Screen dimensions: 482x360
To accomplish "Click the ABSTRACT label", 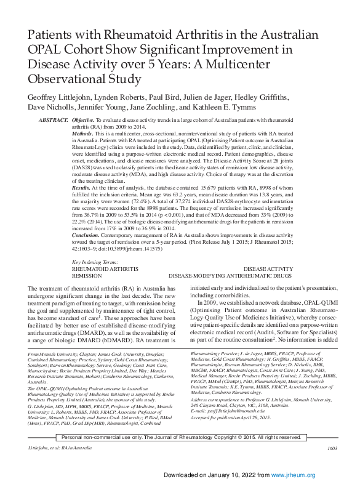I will [52, 118].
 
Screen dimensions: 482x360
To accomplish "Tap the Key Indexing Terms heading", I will [98, 263].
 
